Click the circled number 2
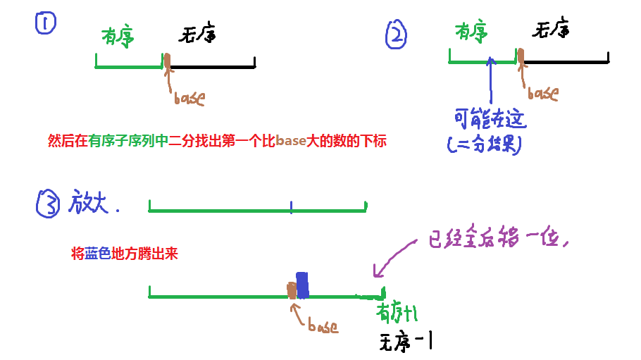click(x=397, y=35)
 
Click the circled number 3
click(x=47, y=204)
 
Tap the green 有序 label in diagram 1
click(x=118, y=35)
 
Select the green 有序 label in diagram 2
click(x=471, y=32)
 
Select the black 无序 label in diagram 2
click(x=550, y=30)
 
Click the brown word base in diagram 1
click(x=189, y=98)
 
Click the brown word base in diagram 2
click(x=542, y=93)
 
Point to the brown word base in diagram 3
click(x=323, y=326)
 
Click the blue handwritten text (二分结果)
click(x=484, y=144)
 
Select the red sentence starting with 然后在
click(x=217, y=141)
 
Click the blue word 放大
click(x=92, y=203)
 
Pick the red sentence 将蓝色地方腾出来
click(x=125, y=254)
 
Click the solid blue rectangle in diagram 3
click(x=302, y=285)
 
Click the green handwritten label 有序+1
click(x=399, y=312)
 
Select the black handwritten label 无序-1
click(x=405, y=342)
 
